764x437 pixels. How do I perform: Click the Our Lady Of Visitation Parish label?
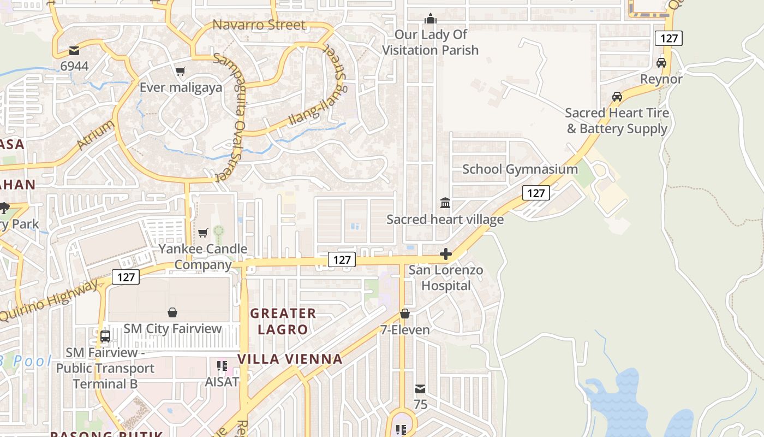click(430, 43)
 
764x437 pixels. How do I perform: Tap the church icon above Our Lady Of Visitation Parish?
click(431, 19)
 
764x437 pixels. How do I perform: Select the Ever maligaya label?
click(181, 87)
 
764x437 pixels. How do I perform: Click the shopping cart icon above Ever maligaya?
click(181, 71)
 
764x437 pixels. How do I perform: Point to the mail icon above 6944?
click(74, 51)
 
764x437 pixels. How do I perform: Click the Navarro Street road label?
click(259, 25)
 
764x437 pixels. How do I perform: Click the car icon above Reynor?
click(661, 63)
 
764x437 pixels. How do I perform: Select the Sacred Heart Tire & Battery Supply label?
click(617, 121)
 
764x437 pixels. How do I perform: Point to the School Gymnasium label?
click(520, 169)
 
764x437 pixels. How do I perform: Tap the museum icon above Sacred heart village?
click(445, 203)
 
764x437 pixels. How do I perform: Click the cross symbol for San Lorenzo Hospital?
click(446, 254)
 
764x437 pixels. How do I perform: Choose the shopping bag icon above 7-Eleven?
click(405, 314)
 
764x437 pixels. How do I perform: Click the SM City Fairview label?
click(172, 329)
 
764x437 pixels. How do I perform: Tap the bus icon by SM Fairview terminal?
click(105, 336)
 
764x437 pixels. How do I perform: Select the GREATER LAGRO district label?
click(283, 321)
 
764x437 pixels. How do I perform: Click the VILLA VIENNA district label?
click(290, 359)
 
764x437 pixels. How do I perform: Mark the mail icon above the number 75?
click(420, 389)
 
